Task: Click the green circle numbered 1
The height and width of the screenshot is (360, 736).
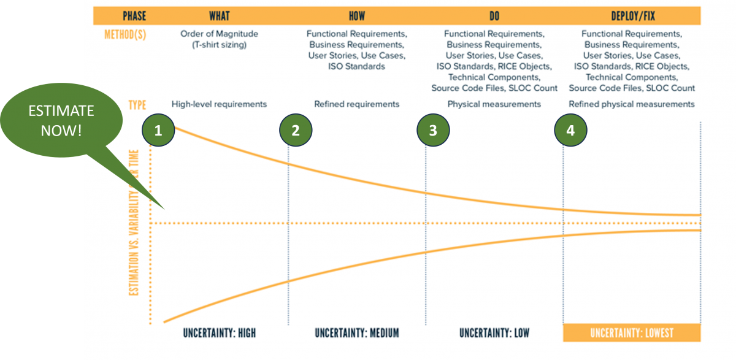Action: tap(158, 130)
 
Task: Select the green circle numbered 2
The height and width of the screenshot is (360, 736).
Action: tap(296, 130)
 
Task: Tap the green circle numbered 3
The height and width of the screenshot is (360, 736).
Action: tap(433, 130)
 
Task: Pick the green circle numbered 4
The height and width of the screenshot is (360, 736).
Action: tap(570, 130)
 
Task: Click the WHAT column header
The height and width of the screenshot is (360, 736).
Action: tap(219, 15)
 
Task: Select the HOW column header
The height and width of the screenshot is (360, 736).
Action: tap(356, 15)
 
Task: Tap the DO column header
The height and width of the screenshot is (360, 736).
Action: tap(494, 15)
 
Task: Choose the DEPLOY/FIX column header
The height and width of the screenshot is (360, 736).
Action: tap(631, 15)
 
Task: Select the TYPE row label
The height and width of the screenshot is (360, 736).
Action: tap(137, 104)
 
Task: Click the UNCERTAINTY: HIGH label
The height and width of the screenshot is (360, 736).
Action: tap(219, 333)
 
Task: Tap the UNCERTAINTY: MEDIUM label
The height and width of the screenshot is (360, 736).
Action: tap(356, 333)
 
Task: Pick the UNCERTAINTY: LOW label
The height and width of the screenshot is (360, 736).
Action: tap(494, 333)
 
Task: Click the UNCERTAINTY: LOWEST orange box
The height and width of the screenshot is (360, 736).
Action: tap(631, 333)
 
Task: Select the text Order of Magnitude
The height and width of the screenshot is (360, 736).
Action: tap(219, 33)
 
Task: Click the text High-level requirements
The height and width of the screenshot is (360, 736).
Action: tap(219, 104)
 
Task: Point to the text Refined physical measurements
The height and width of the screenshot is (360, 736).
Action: tap(631, 104)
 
